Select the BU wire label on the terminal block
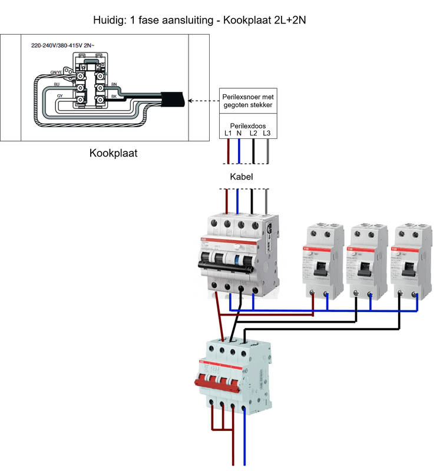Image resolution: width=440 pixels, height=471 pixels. coord(57,85)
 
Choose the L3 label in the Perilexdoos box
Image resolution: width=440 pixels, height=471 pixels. coord(267,134)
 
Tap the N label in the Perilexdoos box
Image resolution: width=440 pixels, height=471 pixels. coord(239,134)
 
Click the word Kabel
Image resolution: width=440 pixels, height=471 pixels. coord(241,177)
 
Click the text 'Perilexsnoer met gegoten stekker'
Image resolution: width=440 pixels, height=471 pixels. coord(247,100)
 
